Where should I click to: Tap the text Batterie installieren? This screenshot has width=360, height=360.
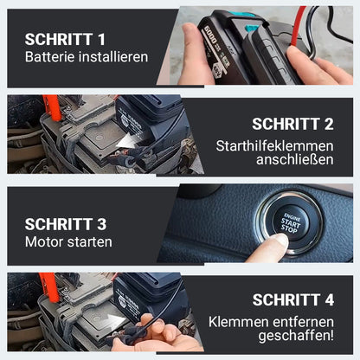[x=87, y=58]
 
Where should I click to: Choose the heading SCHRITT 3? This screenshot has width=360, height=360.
[x=66, y=224]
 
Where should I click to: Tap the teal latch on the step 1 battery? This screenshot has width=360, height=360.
[x=252, y=28]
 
